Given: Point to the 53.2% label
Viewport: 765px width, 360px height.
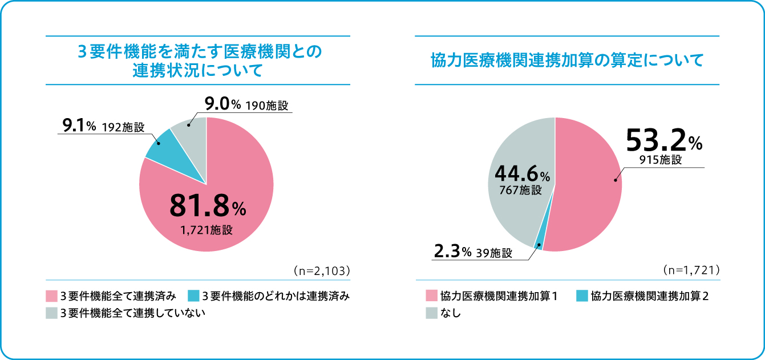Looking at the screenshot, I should click(664, 140).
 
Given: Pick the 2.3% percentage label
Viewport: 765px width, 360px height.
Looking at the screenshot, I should click(452, 253).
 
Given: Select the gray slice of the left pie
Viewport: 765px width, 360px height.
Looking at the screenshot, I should click(189, 131).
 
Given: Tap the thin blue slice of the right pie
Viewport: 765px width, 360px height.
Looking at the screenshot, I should click(539, 246).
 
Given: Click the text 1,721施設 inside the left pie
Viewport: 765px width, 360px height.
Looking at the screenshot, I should click(207, 230).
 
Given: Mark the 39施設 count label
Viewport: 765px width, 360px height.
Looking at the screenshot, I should click(493, 253).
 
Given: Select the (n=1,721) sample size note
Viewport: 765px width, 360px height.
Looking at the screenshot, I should click(692, 269).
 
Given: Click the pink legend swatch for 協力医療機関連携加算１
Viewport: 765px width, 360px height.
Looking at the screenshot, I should click(431, 296).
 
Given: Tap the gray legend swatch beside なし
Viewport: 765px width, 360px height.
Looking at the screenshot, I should click(431, 313).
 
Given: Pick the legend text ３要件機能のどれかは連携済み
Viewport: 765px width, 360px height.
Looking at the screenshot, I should click(276, 296).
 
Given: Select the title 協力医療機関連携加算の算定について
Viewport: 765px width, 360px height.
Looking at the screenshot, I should click(567, 60).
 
